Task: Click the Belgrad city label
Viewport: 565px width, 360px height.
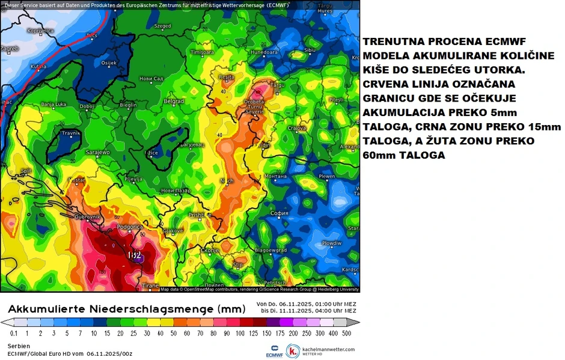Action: (x=173, y=101)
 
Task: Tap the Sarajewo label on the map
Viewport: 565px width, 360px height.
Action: (x=99, y=153)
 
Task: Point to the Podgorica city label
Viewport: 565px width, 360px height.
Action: (x=130, y=227)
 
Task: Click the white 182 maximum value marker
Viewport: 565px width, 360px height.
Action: (x=135, y=255)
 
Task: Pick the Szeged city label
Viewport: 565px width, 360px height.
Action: (x=162, y=26)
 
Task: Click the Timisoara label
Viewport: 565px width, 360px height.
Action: (x=202, y=53)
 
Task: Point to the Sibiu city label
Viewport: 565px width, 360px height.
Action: (x=310, y=50)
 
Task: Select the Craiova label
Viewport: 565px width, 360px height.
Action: (x=296, y=128)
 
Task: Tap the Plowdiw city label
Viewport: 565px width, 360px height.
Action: (x=331, y=243)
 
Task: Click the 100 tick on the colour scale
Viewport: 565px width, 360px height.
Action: (x=240, y=333)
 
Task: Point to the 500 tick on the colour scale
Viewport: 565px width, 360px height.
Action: (x=346, y=333)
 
